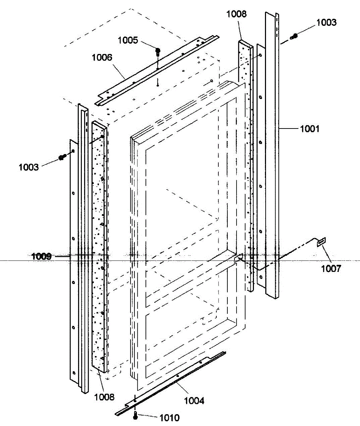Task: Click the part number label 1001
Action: (310, 129)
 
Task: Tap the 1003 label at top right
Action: (326, 22)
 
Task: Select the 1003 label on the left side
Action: (29, 167)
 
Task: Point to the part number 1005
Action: (128, 40)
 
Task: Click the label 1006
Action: (102, 57)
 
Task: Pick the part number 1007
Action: (331, 268)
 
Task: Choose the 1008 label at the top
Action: (237, 14)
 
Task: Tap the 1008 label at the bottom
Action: (105, 397)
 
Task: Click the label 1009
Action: (41, 256)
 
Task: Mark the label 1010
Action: (170, 418)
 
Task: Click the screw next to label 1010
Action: (135, 416)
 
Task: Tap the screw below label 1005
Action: (158, 52)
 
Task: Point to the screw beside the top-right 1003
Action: (294, 35)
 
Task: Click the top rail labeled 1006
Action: (156, 71)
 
